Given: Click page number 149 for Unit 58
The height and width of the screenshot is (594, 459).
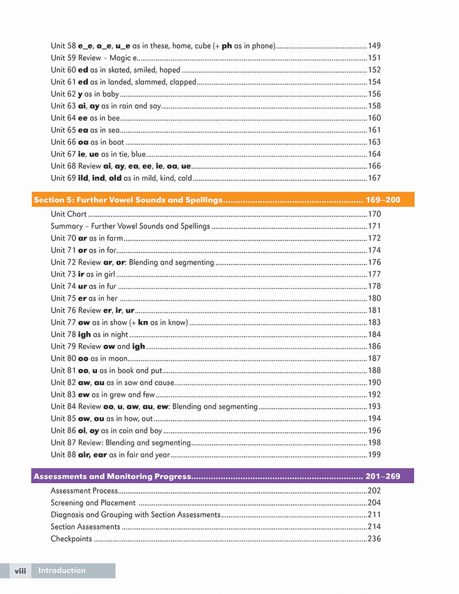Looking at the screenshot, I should coord(374,46).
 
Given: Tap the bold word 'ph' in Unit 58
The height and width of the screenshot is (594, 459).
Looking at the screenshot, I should coord(227,46).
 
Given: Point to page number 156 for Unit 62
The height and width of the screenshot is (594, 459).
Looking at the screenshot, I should coord(374,94).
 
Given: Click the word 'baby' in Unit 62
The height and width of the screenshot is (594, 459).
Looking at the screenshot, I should coord(110,94).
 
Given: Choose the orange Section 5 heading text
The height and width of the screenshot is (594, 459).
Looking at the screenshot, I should coord(127,200).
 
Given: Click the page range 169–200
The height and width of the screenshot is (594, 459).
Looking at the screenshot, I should coord(383,200).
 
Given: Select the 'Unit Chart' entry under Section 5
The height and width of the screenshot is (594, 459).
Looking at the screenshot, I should coord(69,214).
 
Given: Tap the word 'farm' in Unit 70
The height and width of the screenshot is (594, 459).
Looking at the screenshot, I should coord(115,238).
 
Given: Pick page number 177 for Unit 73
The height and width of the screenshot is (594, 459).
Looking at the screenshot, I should coord(374,274).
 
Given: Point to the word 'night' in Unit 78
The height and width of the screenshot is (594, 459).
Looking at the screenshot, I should coord(119,335).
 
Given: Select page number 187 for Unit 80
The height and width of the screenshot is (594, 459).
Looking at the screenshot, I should coord(374,359).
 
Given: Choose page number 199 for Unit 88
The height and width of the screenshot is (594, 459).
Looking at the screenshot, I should coord(374,455).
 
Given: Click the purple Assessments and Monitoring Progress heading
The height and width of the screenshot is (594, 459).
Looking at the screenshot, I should coord(111,476).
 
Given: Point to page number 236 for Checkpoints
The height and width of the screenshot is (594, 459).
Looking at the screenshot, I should coord(374,539).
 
